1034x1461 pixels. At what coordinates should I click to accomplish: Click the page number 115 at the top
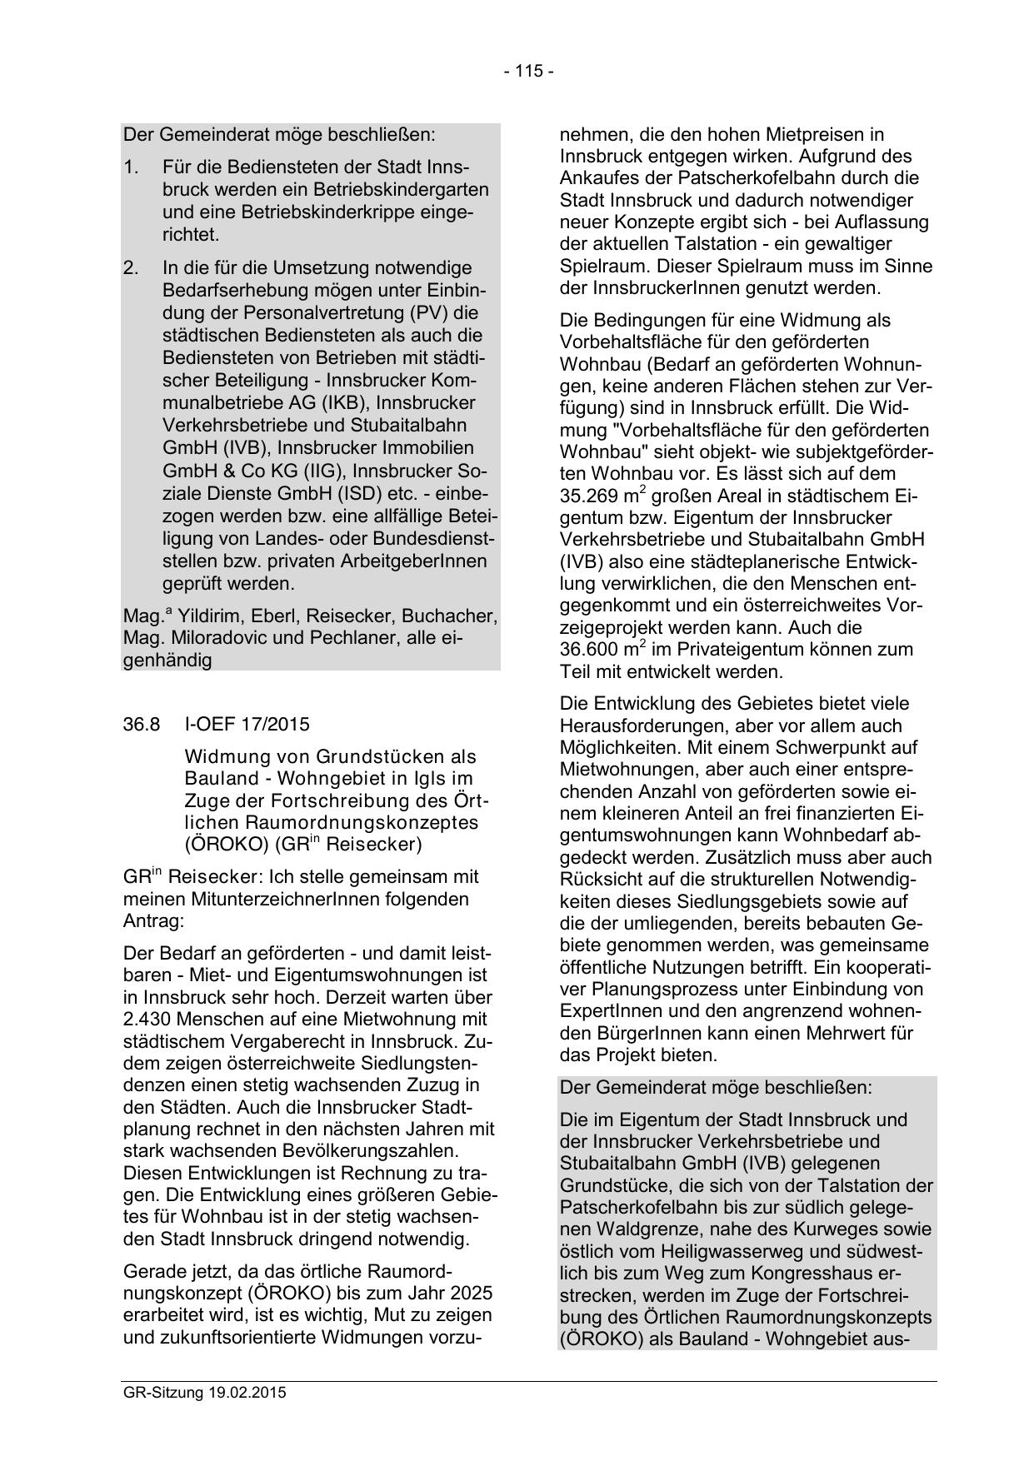pos(528,71)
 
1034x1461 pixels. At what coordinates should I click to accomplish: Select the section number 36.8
pos(141,724)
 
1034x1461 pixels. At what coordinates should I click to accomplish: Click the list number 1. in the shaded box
pos(131,167)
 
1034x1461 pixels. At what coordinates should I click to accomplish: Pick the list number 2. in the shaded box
pos(132,268)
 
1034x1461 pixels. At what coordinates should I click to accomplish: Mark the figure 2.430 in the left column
pos(145,1019)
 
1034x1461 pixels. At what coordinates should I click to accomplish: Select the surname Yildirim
pos(209,616)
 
